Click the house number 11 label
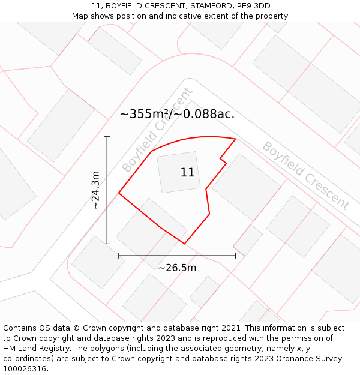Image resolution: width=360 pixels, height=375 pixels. pyautogui.click(x=187, y=173)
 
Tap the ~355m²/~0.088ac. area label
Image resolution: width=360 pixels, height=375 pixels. pyautogui.click(x=177, y=114)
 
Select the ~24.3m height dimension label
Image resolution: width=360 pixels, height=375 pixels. pyautogui.click(x=95, y=190)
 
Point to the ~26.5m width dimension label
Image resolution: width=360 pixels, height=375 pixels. pyautogui.click(x=177, y=268)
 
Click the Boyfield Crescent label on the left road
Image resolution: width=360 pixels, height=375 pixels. pyautogui.click(x=157, y=130)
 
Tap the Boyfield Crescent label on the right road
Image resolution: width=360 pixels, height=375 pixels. pyautogui.click(x=305, y=175)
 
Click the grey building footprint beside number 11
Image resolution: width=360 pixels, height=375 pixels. pyautogui.click(x=178, y=172)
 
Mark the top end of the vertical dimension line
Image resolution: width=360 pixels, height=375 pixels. pyautogui.click(x=107, y=137)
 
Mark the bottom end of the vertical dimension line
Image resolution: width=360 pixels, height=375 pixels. pyautogui.click(x=107, y=244)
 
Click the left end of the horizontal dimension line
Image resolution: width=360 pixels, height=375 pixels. pyautogui.click(x=119, y=256)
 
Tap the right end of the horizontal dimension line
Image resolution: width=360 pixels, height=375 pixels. pyautogui.click(x=235, y=256)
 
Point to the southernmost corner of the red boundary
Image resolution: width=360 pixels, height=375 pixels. pyautogui.click(x=184, y=244)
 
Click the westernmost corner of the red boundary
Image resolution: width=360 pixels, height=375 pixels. pyautogui.click(x=119, y=193)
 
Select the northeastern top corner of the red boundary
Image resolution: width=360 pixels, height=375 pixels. pyautogui.click(x=235, y=139)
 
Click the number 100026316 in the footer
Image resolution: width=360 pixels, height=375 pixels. pyautogui.click(x=25, y=369)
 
